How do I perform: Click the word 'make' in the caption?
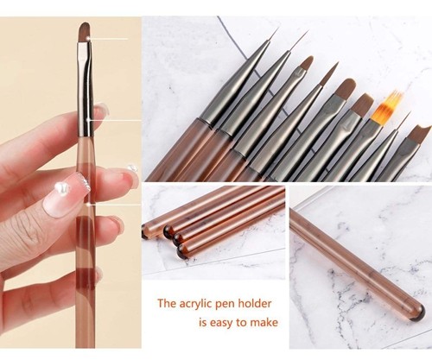coord(264,322)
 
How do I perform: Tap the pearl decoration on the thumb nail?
coord(61,187)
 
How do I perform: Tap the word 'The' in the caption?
coord(167,304)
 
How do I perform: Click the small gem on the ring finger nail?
coord(132,167)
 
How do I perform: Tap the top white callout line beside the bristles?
coord(108,39)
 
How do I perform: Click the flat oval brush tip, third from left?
coord(306,64)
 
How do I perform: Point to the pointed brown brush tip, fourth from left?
coord(329,74)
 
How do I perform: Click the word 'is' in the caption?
coord(203,322)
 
